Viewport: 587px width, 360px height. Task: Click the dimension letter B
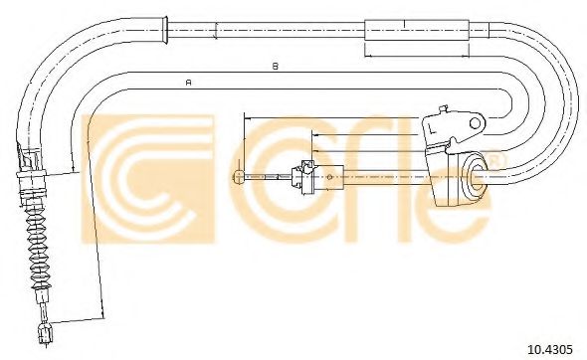[276, 67]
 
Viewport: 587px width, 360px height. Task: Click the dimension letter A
[189, 82]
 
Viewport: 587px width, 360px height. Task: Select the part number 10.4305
[550, 349]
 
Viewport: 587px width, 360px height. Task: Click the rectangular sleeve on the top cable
[417, 30]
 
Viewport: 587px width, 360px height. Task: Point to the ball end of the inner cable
[238, 177]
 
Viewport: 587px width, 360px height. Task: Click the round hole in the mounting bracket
[475, 122]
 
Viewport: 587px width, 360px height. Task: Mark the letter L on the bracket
[432, 128]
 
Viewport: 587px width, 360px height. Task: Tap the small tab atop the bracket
[443, 109]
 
